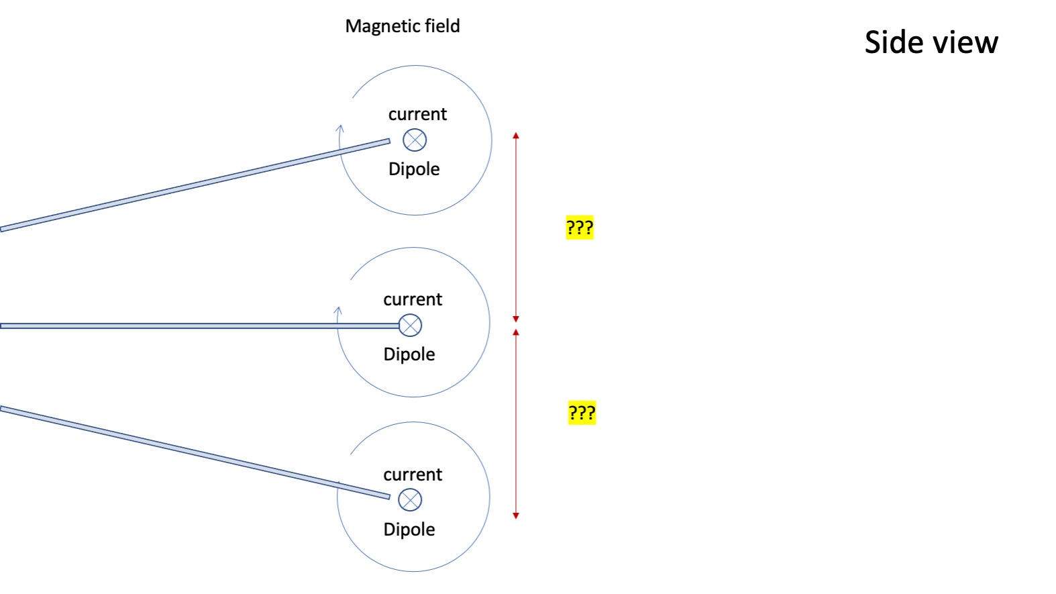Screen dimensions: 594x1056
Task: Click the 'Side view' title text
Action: [931, 42]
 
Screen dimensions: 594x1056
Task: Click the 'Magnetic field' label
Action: [403, 26]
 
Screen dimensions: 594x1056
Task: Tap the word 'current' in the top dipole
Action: [417, 114]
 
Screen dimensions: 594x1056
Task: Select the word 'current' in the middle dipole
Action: [413, 299]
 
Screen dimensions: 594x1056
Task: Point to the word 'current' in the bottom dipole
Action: [413, 475]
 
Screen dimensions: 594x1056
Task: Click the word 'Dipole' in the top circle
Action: [414, 169]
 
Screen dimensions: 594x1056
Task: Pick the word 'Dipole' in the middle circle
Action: [409, 354]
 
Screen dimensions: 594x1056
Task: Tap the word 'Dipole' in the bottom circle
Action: [409, 530]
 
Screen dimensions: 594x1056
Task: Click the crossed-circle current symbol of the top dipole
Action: [415, 140]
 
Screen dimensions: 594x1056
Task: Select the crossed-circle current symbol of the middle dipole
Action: [410, 326]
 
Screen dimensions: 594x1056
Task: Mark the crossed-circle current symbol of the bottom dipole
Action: [410, 500]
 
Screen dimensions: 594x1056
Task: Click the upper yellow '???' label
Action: [580, 228]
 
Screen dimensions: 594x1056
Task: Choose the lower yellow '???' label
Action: [582, 413]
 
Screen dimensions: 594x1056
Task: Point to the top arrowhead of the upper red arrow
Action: [516, 136]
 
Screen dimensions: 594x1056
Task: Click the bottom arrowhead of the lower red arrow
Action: [516, 515]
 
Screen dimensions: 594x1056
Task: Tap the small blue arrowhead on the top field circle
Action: [340, 128]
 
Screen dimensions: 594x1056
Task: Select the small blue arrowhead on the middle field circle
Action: [338, 310]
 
